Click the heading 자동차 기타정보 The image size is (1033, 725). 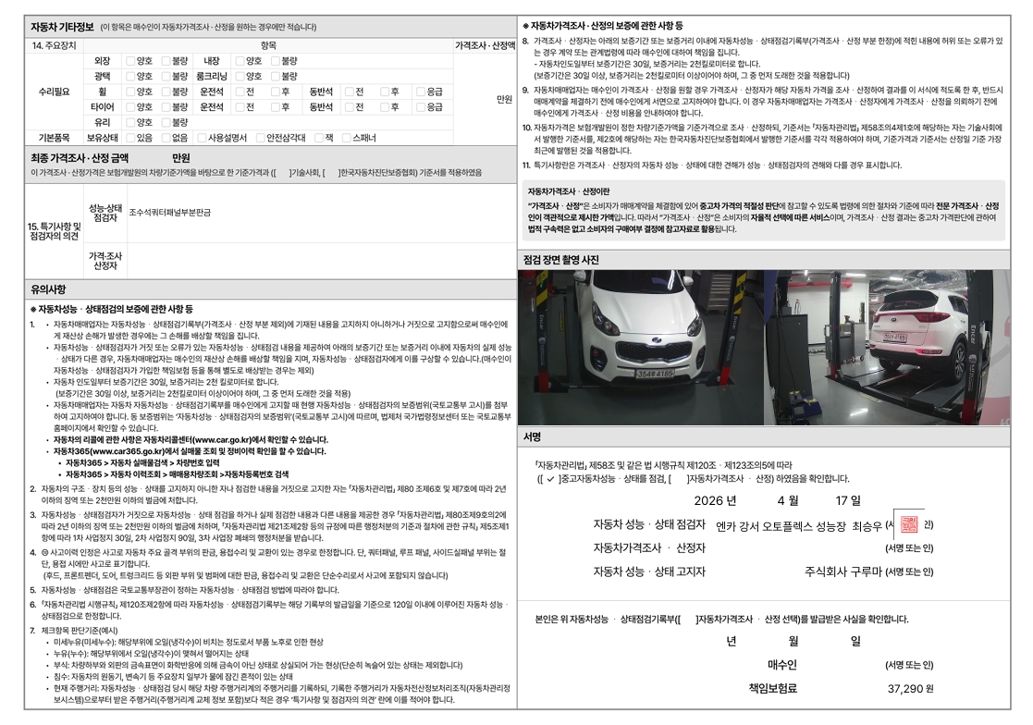(x=62, y=27)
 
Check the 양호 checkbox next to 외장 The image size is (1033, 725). (x=130, y=61)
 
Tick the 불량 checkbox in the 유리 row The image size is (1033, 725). (x=166, y=122)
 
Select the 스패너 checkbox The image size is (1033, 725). (x=347, y=138)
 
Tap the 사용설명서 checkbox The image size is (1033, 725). (x=203, y=138)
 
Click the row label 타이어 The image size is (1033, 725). (x=102, y=106)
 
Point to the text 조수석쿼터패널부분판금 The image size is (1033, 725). (x=169, y=213)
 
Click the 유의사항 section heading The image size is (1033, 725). (x=48, y=289)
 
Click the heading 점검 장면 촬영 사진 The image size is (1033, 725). (x=560, y=260)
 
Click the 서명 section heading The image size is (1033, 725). (x=533, y=436)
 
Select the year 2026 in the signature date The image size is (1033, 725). (x=709, y=500)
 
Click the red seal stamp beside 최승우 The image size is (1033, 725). (x=909, y=524)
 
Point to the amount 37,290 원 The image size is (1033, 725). (x=910, y=689)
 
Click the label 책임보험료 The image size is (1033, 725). (x=773, y=689)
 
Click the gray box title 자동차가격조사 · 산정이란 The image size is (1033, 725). (x=569, y=191)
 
